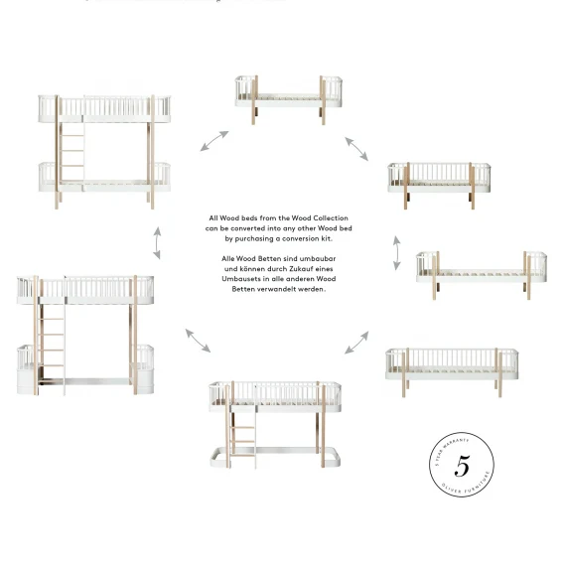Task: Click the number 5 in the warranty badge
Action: click(462, 466)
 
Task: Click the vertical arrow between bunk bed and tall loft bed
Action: click(156, 240)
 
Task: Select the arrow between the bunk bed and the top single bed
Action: click(214, 140)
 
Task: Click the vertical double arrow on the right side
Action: click(397, 252)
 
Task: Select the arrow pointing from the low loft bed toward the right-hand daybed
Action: click(355, 343)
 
